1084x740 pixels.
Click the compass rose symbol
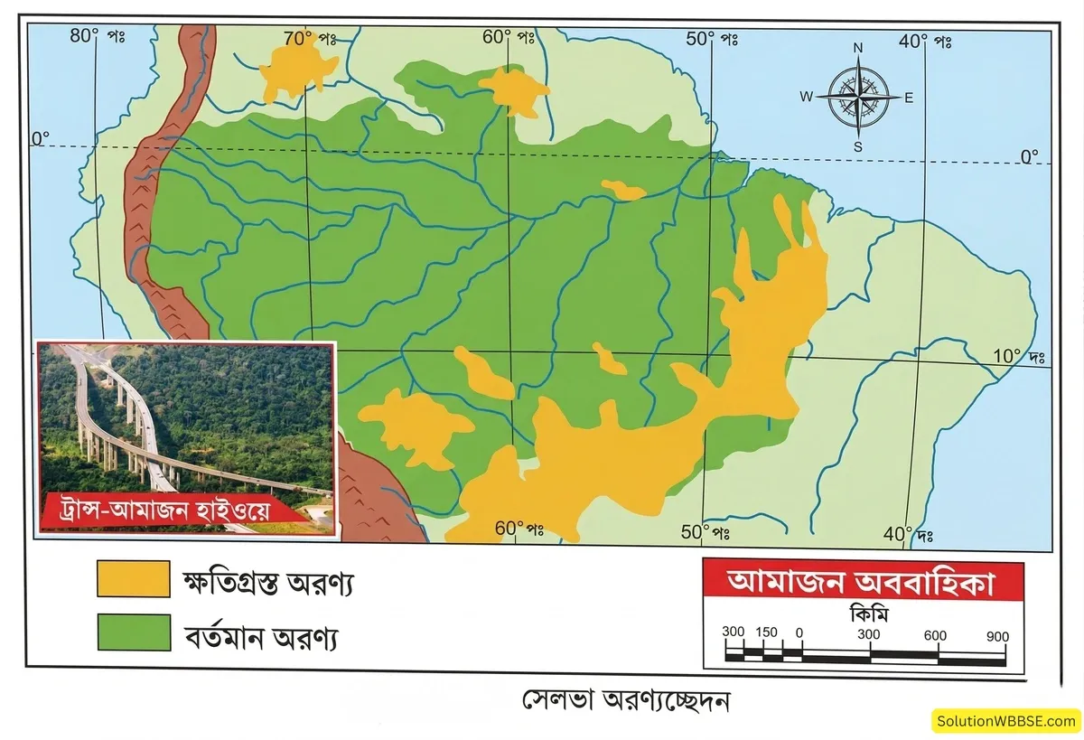point(857,96)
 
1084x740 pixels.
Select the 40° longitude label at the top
point(926,41)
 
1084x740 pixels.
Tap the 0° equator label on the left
point(41,138)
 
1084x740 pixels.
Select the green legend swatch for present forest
point(134,632)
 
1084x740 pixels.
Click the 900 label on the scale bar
point(997,636)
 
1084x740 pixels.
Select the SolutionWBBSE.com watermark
point(1005,720)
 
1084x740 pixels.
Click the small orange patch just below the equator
point(623,191)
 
